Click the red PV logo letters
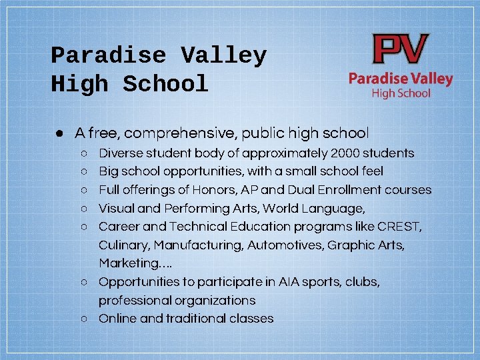(x=401, y=50)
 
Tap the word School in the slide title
(x=165, y=85)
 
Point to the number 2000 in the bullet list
(x=348, y=153)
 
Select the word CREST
(x=399, y=227)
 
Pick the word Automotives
(x=285, y=245)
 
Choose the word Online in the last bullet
(x=117, y=319)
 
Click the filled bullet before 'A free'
(x=59, y=133)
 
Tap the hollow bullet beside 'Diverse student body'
(x=85, y=154)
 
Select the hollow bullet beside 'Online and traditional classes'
(x=85, y=319)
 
